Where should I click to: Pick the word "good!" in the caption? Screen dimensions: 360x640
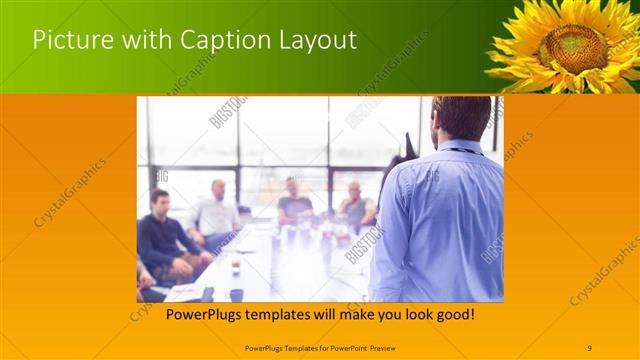click(451, 315)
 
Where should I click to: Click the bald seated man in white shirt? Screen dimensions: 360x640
click(217, 210)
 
